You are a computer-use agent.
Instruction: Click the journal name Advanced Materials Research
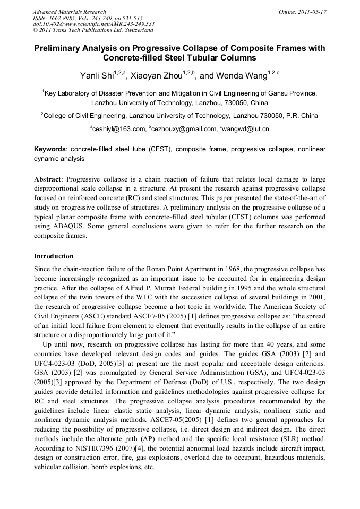(x=69, y=12)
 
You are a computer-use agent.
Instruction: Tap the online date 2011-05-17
(x=312, y=12)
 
